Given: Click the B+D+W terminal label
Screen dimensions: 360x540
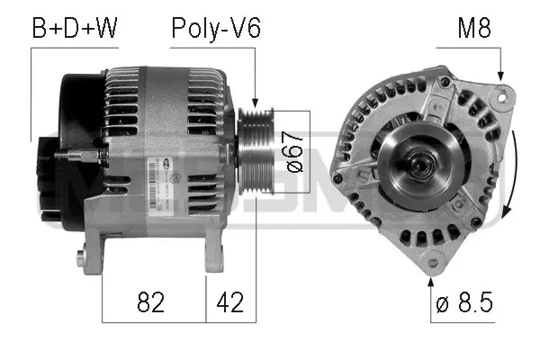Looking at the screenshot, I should tap(75, 29).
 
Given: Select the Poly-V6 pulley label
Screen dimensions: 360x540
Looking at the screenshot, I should tap(216, 29).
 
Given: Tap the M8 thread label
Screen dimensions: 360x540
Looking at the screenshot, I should tap(473, 29).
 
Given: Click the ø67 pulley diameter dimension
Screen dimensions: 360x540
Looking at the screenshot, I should tap(292, 152).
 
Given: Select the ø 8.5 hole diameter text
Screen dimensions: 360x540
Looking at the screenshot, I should tap(464, 303).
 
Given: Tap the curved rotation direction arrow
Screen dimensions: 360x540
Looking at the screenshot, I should tap(510, 175).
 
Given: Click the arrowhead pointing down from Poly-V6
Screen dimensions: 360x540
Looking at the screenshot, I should tap(256, 101).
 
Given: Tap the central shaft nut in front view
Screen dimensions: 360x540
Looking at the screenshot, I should tap(418, 163).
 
